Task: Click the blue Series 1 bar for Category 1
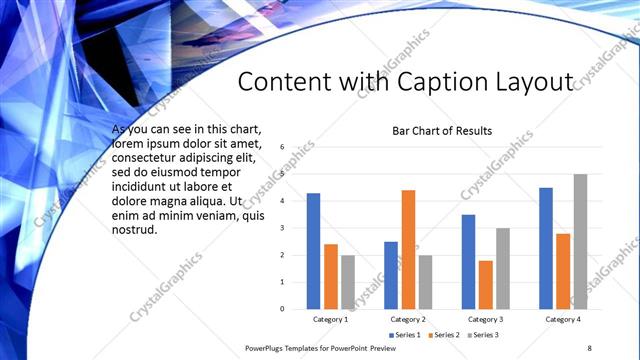[313, 251]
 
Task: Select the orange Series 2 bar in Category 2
[408, 249]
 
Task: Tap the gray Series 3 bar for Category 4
[580, 241]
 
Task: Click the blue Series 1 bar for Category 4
[546, 248]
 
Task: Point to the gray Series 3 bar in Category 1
[348, 282]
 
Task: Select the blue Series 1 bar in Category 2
[391, 275]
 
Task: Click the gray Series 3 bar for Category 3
[503, 268]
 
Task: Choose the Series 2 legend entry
[442, 334]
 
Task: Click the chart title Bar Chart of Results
[442, 131]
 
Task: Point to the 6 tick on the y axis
[283, 147]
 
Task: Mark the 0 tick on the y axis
[283, 309]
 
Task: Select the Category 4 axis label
[563, 319]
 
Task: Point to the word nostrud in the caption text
[135, 230]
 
